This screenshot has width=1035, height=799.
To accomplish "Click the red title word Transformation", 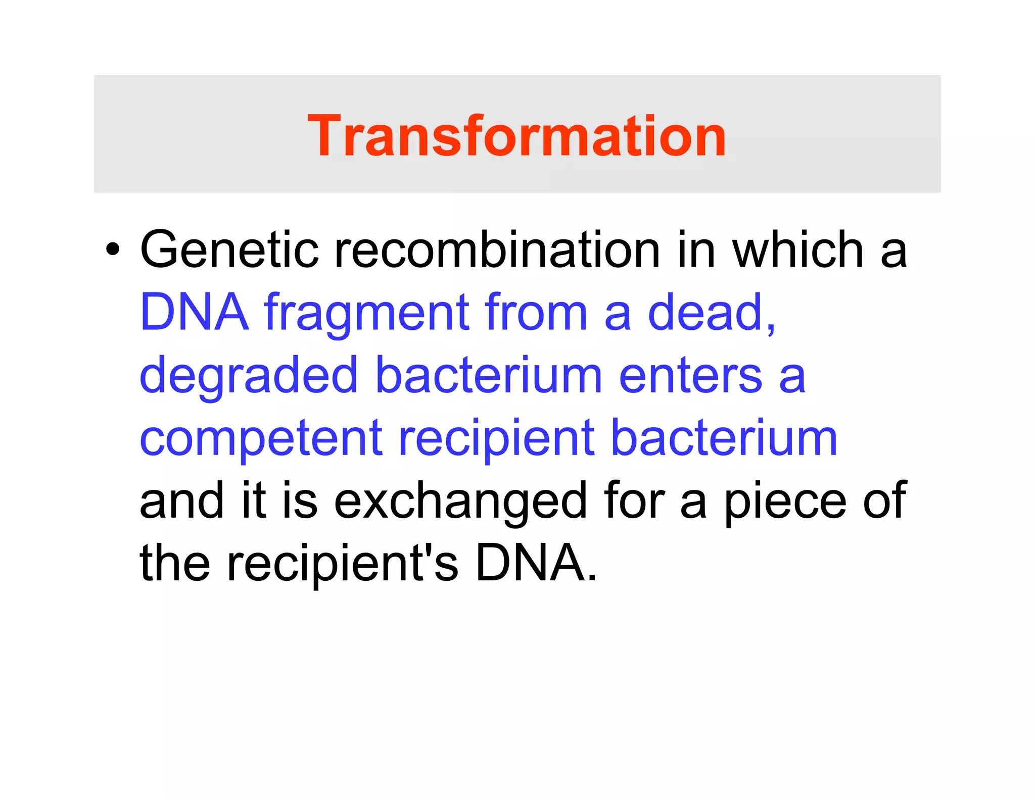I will click(516, 136).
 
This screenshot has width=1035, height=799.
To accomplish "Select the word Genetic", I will click(229, 249).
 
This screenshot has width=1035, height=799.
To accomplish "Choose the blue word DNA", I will click(195, 313).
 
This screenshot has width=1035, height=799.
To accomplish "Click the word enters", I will click(690, 376).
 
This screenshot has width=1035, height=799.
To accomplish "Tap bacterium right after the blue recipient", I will click(724, 438).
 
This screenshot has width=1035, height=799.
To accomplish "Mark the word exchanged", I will click(460, 502).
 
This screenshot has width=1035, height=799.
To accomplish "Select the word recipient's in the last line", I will click(342, 565).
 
